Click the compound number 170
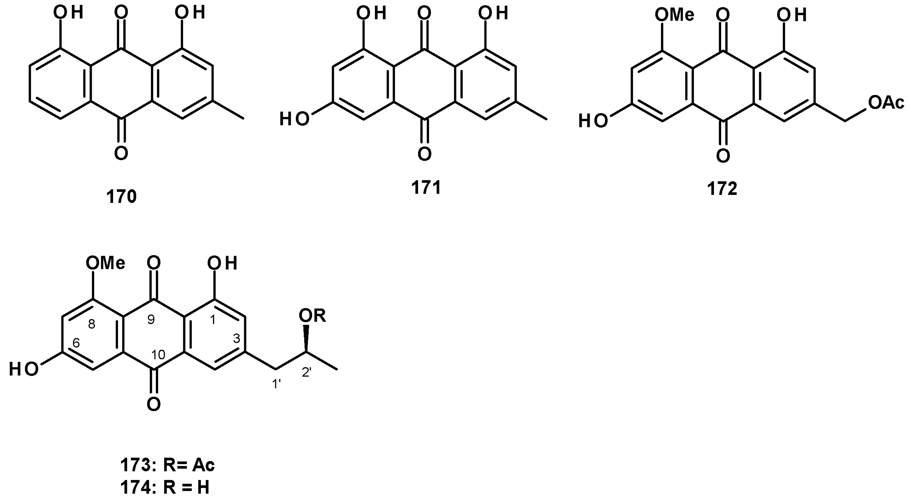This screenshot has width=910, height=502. [x=121, y=196]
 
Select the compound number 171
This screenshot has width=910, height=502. [x=426, y=188]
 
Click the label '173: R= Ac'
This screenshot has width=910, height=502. [x=167, y=466]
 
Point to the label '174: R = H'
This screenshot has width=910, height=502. [x=165, y=488]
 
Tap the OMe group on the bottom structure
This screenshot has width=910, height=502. [x=106, y=263]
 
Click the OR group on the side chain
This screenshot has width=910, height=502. [x=312, y=316]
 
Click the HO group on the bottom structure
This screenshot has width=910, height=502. [x=24, y=370]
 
